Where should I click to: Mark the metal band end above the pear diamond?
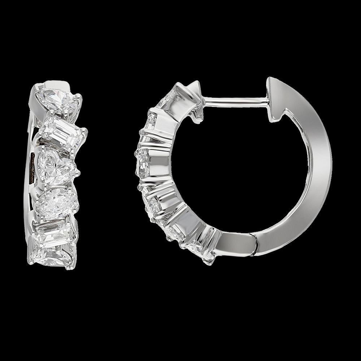pyautogui.click(x=61, y=84)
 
